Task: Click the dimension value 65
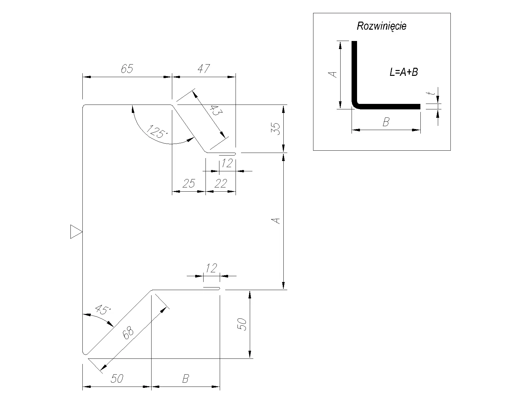click(x=127, y=69)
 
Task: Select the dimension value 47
click(x=204, y=69)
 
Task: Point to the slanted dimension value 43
click(x=216, y=110)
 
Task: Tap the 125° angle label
click(x=157, y=132)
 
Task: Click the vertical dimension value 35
click(x=276, y=129)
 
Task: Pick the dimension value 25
click(x=189, y=184)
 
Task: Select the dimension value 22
click(x=221, y=184)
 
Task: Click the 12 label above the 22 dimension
click(x=227, y=163)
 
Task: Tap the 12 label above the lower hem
click(x=211, y=268)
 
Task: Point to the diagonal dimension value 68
click(x=128, y=333)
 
